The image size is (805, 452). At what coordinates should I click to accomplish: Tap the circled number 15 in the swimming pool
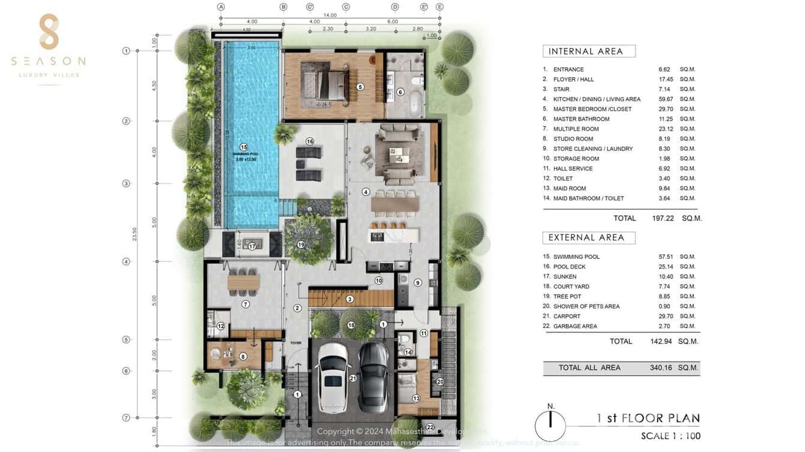pyautogui.click(x=244, y=147)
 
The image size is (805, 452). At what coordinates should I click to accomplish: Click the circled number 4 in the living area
pyautogui.click(x=366, y=192)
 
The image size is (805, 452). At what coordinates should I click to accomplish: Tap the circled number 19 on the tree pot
pyautogui.click(x=301, y=244)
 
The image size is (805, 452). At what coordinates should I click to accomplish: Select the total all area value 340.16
pyautogui.click(x=661, y=367)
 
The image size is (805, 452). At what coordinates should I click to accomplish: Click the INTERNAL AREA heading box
pyautogui.click(x=588, y=52)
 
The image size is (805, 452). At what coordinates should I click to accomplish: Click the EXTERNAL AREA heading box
pyautogui.click(x=588, y=237)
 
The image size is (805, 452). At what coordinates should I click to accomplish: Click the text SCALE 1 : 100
pyautogui.click(x=670, y=436)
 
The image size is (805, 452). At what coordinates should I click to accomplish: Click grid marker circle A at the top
pyautogui.click(x=221, y=7)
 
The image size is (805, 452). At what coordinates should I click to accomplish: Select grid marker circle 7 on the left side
pyautogui.click(x=126, y=418)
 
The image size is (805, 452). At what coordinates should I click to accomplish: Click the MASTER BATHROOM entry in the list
pyautogui.click(x=581, y=119)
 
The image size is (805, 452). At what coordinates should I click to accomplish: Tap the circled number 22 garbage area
pyautogui.click(x=429, y=444)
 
